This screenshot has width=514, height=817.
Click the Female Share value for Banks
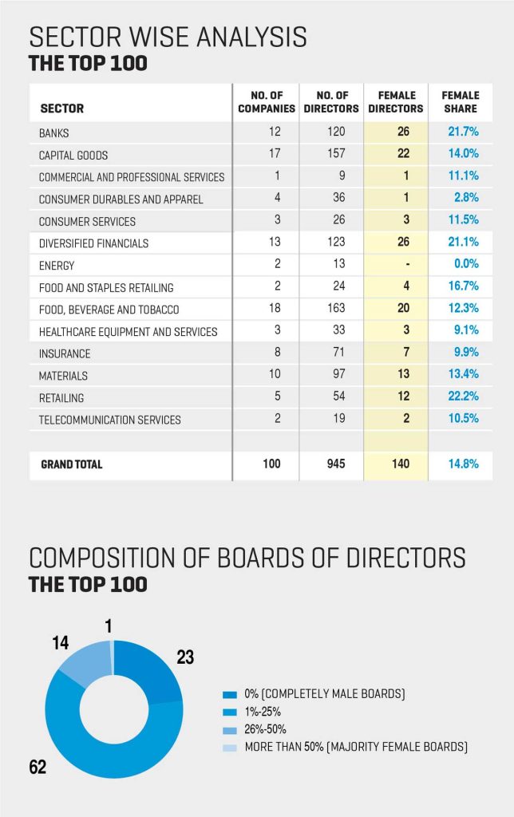pyautogui.click(x=460, y=132)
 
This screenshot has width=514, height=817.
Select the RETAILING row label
pyautogui.click(x=61, y=397)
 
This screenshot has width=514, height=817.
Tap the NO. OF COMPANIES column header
pyautogui.click(x=267, y=102)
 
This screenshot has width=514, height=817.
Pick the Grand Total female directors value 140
pyautogui.click(x=397, y=464)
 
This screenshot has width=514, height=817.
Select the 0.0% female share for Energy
pyautogui.click(x=462, y=265)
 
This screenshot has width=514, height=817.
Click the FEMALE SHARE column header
pyautogui.click(x=460, y=102)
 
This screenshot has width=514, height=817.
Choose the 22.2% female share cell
pyautogui.click(x=460, y=397)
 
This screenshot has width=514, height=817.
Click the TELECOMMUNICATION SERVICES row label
pyautogui.click(x=110, y=420)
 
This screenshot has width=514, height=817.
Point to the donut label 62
pyautogui.click(x=38, y=767)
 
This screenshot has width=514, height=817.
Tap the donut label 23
pyautogui.click(x=185, y=657)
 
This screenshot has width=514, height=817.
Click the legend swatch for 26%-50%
pyautogui.click(x=231, y=729)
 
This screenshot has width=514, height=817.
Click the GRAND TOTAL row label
pyautogui.click(x=72, y=464)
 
